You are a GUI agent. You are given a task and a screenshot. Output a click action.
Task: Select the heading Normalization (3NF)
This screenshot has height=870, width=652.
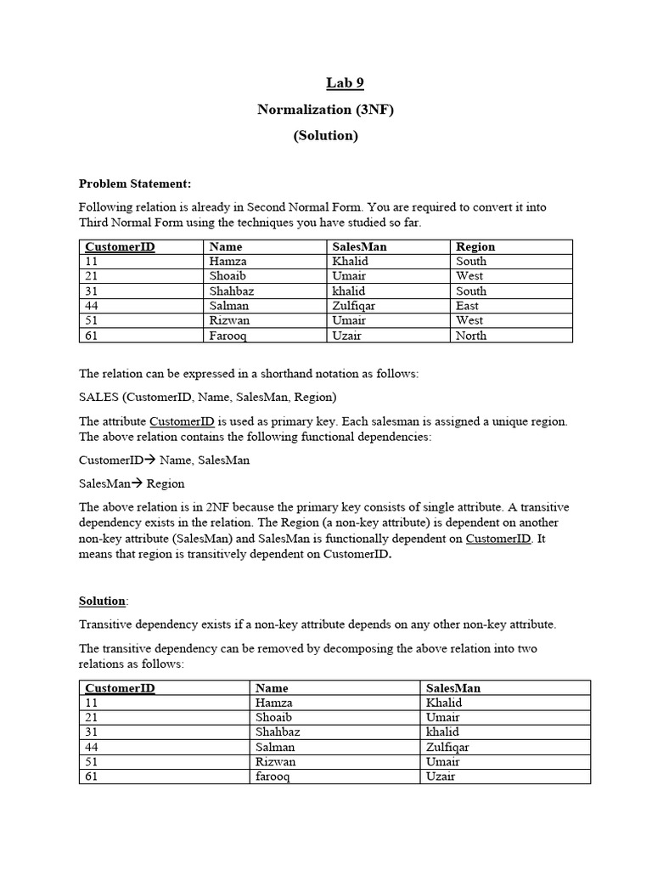[326, 110]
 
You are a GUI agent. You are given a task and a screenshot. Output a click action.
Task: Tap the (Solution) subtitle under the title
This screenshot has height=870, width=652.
[326, 136]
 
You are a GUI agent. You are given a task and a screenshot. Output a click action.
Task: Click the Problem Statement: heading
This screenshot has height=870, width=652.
[135, 183]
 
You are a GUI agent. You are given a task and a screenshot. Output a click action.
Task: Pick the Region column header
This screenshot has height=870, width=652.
[475, 246]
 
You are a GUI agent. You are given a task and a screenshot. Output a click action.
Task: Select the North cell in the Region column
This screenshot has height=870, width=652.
[471, 336]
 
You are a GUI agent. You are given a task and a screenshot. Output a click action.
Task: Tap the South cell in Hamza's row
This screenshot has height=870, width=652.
[471, 262]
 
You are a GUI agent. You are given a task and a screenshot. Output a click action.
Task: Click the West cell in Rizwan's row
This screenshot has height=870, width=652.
[469, 320]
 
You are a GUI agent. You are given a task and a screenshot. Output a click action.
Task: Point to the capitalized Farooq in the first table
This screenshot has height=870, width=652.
[229, 336]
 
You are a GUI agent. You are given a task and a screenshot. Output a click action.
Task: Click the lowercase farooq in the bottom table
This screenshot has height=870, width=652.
[273, 777]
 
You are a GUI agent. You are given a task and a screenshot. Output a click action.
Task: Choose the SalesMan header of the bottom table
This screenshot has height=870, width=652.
[453, 687]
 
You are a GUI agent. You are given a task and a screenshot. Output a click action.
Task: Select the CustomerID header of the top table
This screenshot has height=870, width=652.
[120, 246]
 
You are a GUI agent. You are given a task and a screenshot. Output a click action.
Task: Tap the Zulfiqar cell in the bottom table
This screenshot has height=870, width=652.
[448, 747]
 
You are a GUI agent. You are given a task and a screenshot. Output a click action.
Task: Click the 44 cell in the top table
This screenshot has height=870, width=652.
[93, 306]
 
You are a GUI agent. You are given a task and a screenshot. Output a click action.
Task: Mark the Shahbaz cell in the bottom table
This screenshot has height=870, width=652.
[278, 732]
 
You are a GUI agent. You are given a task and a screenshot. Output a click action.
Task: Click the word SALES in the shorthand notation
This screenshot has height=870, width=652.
[98, 397]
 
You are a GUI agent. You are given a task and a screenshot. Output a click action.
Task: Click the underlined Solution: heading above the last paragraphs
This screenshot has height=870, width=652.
[103, 601]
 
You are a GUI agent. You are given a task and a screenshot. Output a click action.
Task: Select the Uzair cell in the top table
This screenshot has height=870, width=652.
[349, 336]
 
